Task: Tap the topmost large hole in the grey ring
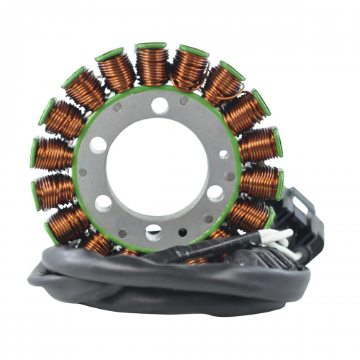pos(160,107)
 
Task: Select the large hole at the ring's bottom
pos(153,231)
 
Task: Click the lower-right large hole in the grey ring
pos(215,193)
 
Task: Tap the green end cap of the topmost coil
pos(152,48)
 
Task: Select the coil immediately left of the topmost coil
pos(116,72)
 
